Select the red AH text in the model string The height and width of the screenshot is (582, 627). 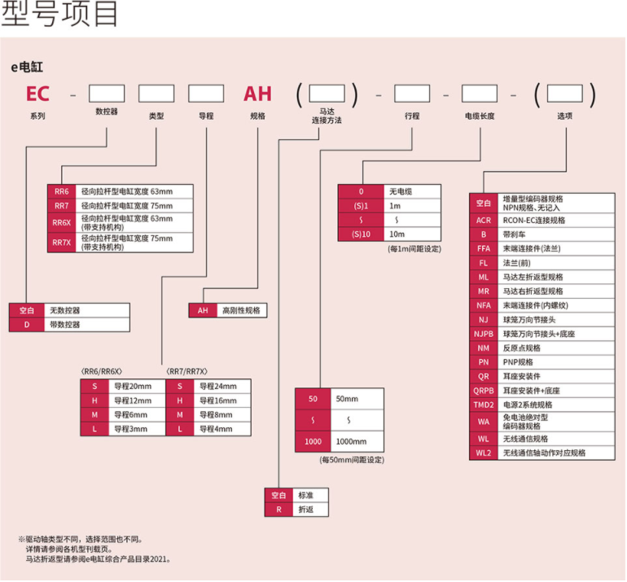click(x=257, y=93)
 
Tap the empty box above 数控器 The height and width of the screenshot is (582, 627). click(x=106, y=93)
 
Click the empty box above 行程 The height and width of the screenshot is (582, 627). click(x=411, y=93)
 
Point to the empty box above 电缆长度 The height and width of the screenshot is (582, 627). click(x=479, y=93)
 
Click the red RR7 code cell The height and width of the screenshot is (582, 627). click(x=62, y=205)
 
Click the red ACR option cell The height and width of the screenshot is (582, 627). click(x=484, y=221)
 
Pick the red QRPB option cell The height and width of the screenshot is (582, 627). click(x=484, y=391)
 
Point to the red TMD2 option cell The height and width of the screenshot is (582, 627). click(x=484, y=405)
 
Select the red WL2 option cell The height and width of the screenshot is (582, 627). click(x=484, y=453)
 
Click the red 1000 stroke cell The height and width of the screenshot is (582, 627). click(x=312, y=442)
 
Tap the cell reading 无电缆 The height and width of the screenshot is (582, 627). click(x=414, y=191)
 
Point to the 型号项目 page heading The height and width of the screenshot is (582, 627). click(x=62, y=15)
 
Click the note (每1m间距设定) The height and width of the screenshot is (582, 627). click(x=414, y=249)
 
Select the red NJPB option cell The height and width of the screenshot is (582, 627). click(x=484, y=334)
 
